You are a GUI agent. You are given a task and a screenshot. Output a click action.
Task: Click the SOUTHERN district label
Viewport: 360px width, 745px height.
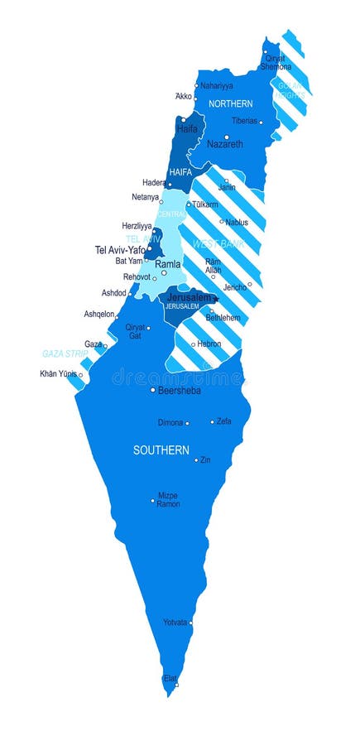point(161,450)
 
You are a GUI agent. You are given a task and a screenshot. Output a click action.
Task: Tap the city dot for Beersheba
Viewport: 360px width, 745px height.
point(153,390)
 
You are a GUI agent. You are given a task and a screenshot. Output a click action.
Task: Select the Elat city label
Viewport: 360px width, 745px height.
point(170,678)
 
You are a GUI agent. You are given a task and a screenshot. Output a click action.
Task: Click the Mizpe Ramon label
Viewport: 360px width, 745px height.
point(168,500)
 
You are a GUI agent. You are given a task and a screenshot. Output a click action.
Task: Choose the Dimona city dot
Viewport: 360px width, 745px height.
point(187,424)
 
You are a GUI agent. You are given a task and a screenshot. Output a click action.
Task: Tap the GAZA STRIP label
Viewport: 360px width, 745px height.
point(65,353)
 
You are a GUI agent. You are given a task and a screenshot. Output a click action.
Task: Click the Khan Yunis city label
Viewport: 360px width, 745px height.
point(57,373)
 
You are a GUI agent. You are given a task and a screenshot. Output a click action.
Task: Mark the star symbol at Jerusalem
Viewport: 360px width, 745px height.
point(215,299)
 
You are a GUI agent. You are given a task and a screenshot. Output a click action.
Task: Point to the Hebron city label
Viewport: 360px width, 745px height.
point(209,344)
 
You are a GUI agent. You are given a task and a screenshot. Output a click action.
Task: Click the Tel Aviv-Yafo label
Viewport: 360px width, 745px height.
point(120,249)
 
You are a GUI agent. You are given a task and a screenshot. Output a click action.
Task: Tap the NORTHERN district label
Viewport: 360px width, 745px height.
point(230,104)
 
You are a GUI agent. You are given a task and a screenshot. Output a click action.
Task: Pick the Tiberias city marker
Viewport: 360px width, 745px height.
point(261,123)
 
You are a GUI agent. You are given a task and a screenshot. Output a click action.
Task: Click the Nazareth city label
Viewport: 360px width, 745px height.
point(225,144)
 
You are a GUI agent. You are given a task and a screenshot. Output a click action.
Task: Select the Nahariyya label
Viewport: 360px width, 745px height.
point(216,85)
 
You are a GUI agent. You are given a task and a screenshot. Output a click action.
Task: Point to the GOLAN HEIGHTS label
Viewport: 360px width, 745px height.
point(291,91)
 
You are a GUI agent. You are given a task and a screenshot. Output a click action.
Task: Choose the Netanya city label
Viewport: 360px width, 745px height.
point(145,197)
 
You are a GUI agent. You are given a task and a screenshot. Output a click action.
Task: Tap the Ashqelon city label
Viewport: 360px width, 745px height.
point(100,315)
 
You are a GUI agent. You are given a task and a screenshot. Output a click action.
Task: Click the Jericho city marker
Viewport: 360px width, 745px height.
point(249,284)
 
